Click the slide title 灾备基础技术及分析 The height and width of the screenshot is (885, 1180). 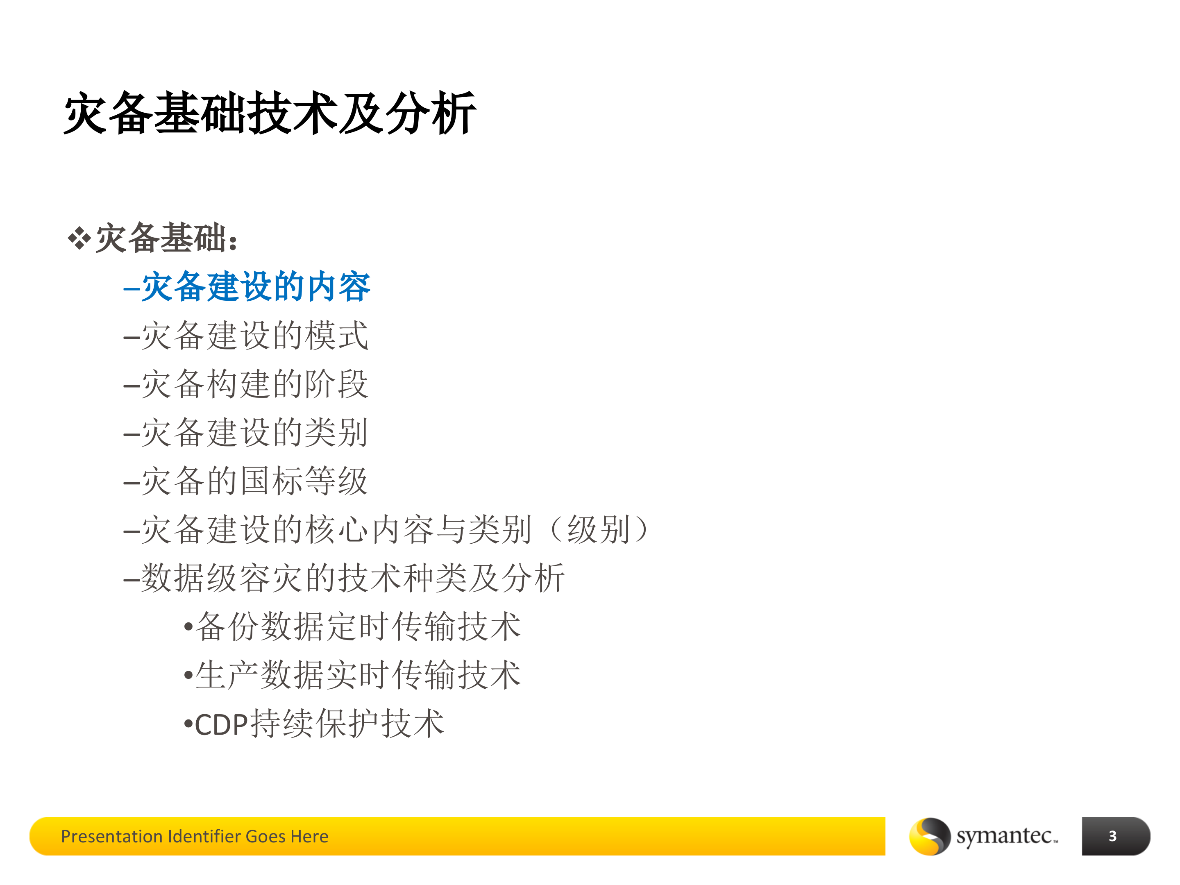[x=270, y=113]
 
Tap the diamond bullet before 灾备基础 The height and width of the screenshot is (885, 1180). [x=79, y=238]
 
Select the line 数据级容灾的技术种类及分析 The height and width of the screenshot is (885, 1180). [x=352, y=578]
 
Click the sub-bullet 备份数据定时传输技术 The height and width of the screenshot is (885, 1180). [x=357, y=627]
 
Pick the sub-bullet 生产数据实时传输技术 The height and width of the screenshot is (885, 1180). [x=357, y=675]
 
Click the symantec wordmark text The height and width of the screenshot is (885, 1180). [x=1005, y=836]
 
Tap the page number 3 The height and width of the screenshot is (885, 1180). [x=1112, y=836]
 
